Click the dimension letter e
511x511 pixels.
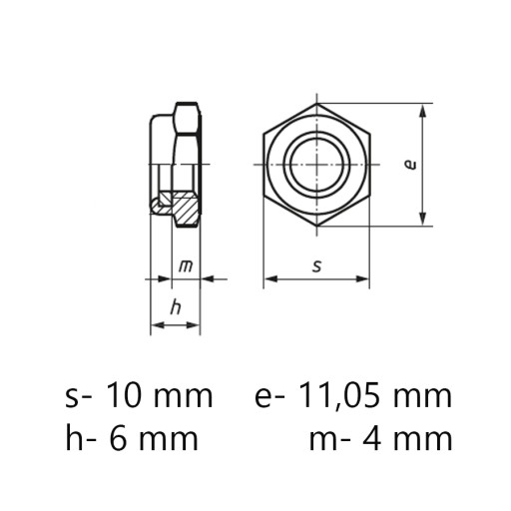[411, 165]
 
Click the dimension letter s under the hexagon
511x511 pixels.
[317, 266]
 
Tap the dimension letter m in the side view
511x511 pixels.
[186, 266]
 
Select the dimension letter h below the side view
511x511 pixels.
[176, 307]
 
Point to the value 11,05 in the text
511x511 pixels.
[338, 396]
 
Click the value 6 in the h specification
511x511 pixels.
[118, 438]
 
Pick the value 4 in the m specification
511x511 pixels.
[372, 438]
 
